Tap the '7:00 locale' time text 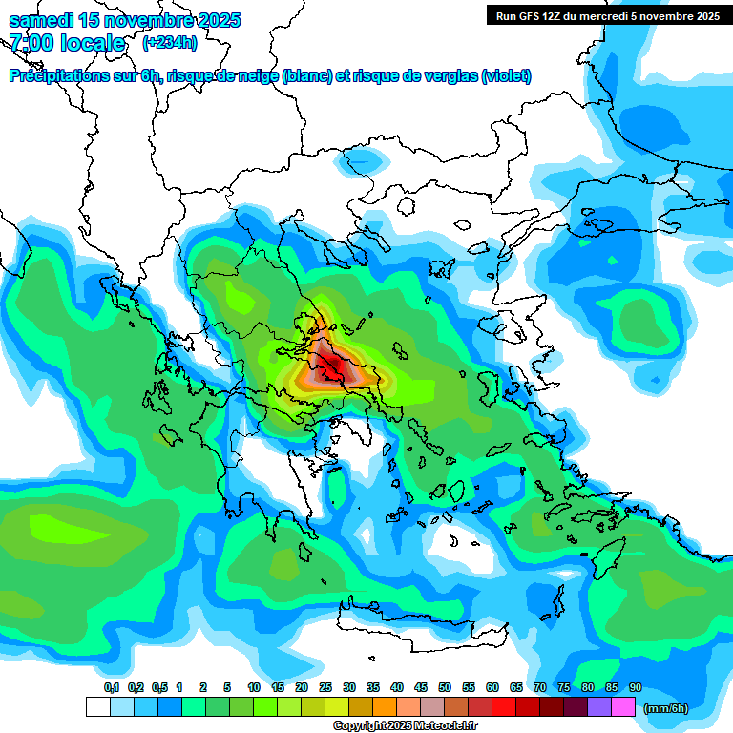(67, 43)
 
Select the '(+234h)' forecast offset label (169, 43)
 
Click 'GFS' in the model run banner (534, 15)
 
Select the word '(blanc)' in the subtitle (307, 76)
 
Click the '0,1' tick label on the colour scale (111, 688)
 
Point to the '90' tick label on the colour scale (635, 688)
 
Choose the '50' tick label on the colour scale (445, 688)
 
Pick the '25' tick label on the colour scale (325, 688)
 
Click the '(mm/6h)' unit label (665, 708)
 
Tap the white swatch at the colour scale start (97, 707)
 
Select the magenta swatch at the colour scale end (623, 707)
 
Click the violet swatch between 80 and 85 (599, 707)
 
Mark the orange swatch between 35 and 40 (385, 707)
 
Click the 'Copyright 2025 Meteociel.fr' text (404, 725)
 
